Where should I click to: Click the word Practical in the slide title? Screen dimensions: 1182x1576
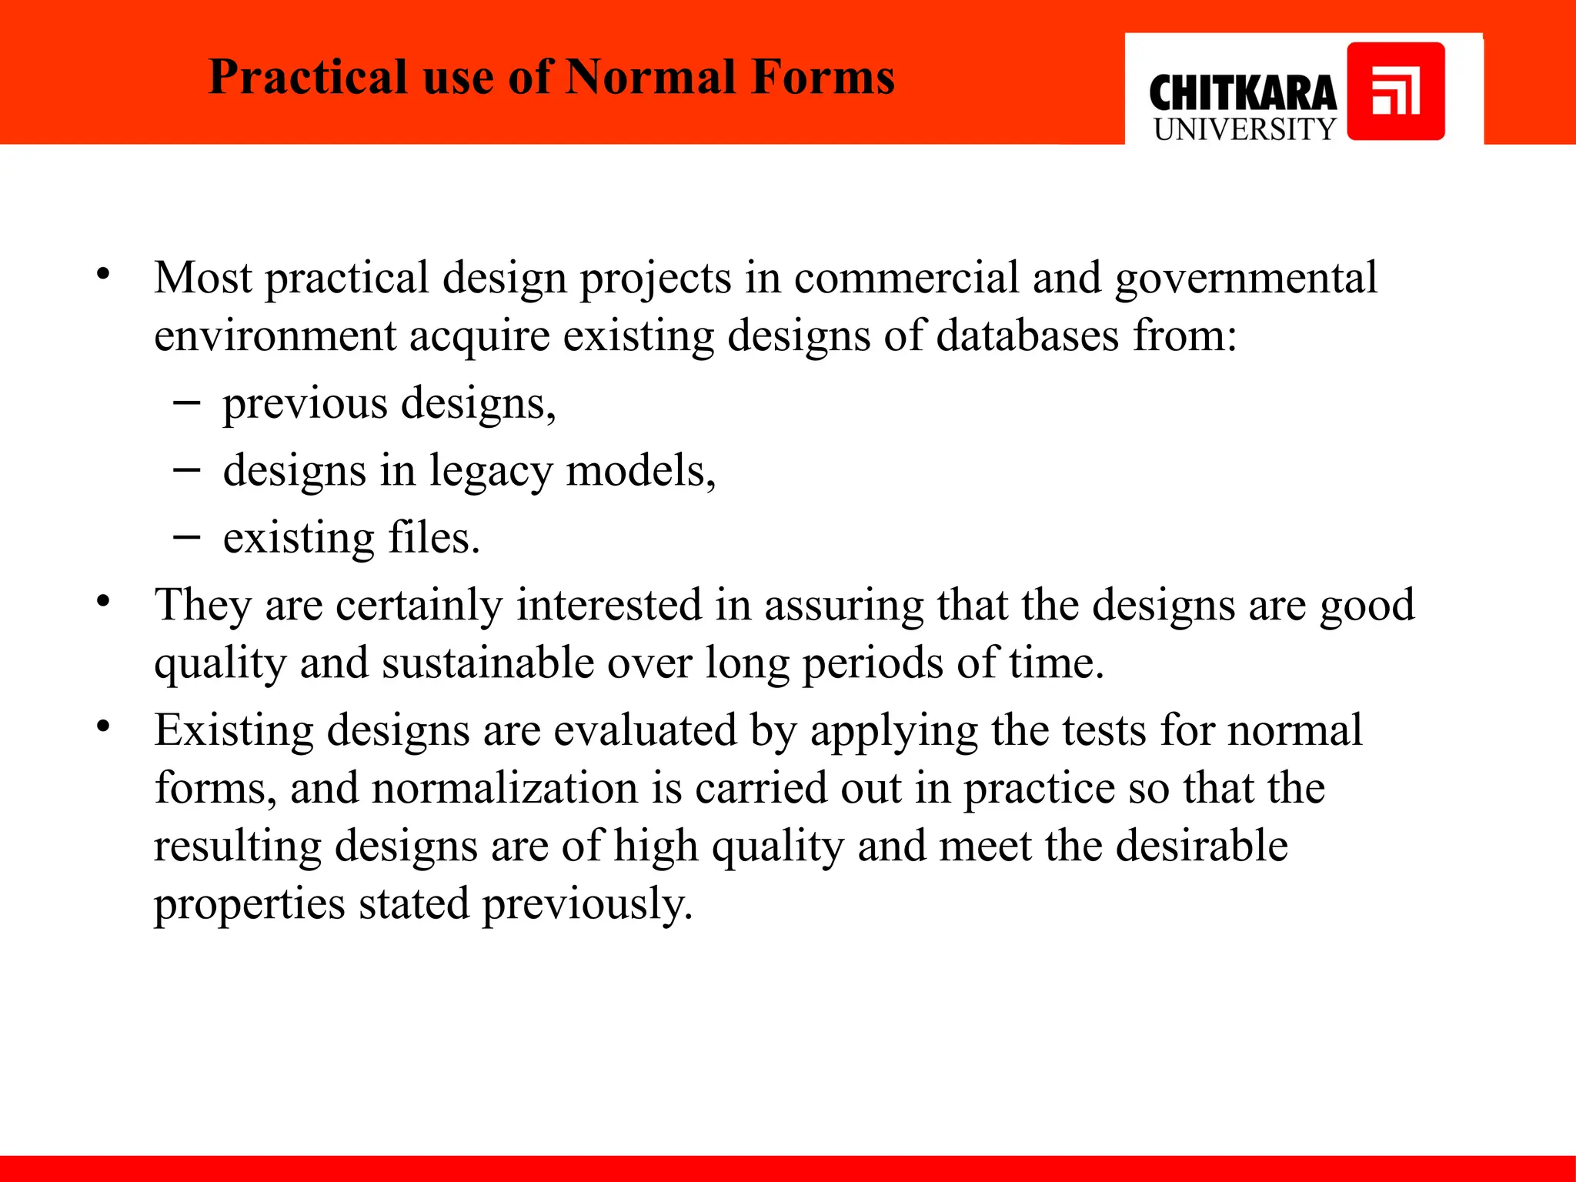308,78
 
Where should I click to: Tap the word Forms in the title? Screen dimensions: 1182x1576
823,78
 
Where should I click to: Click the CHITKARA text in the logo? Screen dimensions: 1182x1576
1242,94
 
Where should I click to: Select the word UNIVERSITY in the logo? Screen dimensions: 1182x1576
1244,129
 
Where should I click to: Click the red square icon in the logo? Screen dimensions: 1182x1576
1395,92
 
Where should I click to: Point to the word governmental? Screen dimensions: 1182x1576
1246,278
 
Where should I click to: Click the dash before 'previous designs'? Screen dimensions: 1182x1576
187,402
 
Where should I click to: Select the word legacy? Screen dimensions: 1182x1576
490,470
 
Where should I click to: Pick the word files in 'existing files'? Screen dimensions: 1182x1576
434,537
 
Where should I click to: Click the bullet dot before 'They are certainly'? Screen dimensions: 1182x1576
104,602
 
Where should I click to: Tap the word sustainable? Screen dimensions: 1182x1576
488,663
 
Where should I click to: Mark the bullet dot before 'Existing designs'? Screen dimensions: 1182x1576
104,727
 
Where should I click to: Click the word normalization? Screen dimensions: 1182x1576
505,788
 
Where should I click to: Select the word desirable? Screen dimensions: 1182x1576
1201,845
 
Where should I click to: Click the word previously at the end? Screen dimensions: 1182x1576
587,903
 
